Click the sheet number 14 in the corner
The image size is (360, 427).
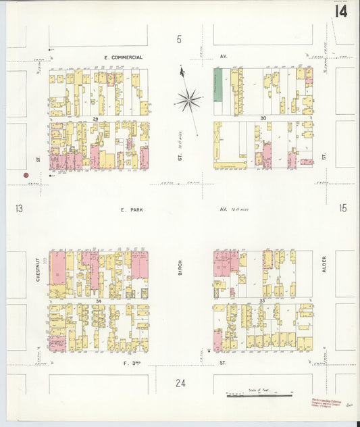pyautogui.click(x=341, y=11)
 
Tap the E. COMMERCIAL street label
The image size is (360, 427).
pyautogui.click(x=123, y=57)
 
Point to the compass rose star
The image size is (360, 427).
pyautogui.click(x=188, y=101)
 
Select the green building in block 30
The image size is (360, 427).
pyautogui.click(x=218, y=85)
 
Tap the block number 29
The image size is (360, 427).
pyautogui.click(x=97, y=118)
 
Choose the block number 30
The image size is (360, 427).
pyautogui.click(x=263, y=118)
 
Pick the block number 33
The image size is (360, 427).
pyautogui.click(x=263, y=300)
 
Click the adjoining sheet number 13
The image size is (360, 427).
pyautogui.click(x=18, y=209)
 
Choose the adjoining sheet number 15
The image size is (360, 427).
pyautogui.click(x=342, y=209)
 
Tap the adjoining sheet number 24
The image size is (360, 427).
pyautogui.click(x=180, y=384)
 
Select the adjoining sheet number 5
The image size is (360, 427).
pyautogui.click(x=179, y=39)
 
